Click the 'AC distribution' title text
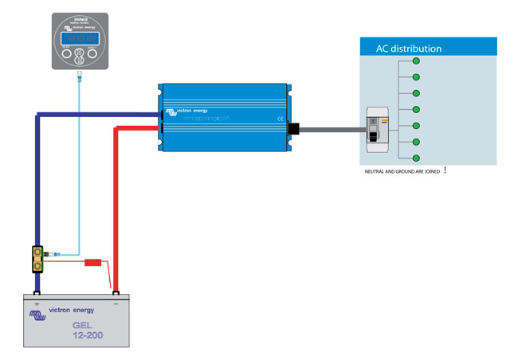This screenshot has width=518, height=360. (x=408, y=49)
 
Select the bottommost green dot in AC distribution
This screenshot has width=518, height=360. (x=416, y=158)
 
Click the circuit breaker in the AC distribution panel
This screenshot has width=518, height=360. (x=376, y=129)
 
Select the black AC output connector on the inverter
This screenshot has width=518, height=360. (x=292, y=128)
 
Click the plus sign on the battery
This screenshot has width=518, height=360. (x=37, y=304)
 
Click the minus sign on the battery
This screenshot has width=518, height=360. (x=116, y=304)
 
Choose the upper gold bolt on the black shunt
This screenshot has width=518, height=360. (x=37, y=253)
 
